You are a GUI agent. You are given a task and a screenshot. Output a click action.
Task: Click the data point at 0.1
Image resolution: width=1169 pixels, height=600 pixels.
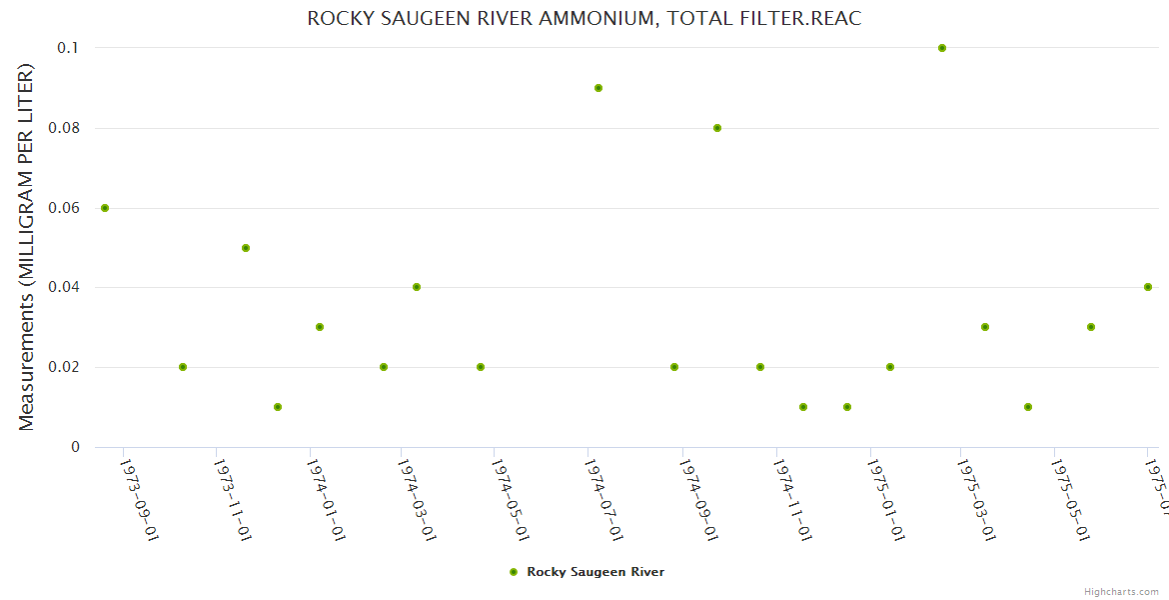pos(942,48)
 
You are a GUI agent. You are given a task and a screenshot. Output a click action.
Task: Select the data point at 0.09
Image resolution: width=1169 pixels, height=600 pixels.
pos(598,88)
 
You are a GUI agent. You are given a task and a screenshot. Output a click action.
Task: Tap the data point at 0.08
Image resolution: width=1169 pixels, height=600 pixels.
pos(717,128)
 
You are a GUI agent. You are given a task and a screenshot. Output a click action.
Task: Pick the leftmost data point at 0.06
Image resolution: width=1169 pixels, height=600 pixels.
pos(105,208)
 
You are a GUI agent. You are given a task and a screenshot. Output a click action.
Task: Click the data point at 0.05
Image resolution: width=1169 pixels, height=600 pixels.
pos(246,248)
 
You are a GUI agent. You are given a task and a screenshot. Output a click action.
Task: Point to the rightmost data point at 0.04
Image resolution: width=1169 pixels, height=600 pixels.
pos(1148,287)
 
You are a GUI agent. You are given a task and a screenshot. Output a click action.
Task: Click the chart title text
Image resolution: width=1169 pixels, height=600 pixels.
pos(584,19)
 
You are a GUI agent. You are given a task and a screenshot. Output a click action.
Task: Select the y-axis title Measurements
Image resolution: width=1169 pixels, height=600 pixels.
pos(27,247)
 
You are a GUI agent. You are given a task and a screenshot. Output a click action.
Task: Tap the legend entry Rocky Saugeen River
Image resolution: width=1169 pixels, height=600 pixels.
pos(594,572)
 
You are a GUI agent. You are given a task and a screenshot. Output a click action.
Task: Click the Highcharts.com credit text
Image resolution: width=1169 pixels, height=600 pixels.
pos(1122,592)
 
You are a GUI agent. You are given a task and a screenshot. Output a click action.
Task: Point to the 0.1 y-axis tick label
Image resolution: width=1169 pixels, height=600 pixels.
pos(68,48)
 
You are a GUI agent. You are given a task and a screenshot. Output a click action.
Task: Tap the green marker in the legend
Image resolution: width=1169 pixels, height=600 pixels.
pos(514,572)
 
